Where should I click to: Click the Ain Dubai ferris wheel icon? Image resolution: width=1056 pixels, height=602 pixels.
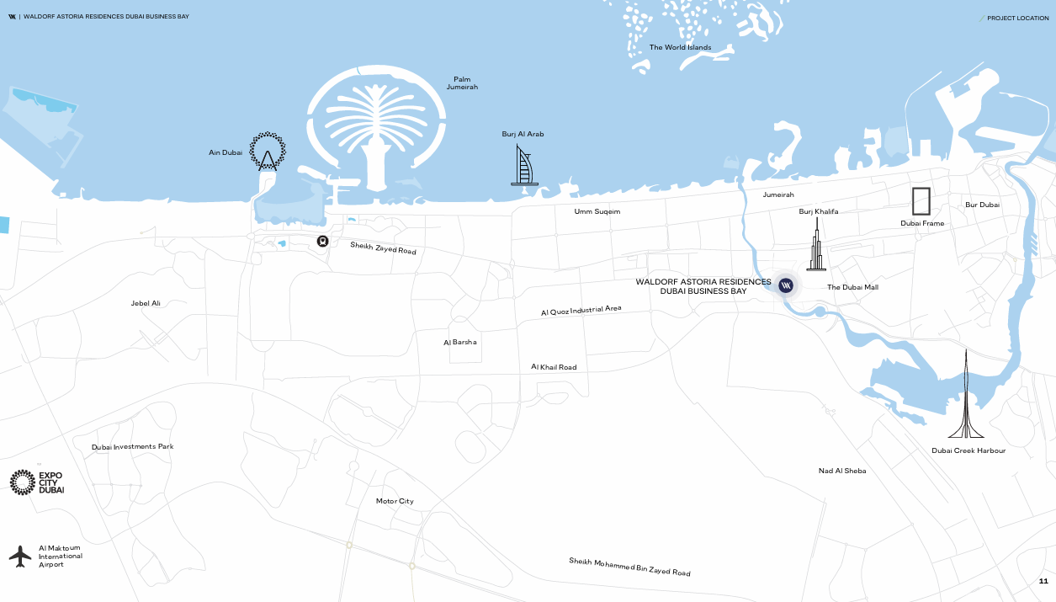268,152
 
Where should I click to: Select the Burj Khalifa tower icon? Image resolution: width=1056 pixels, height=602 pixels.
815,245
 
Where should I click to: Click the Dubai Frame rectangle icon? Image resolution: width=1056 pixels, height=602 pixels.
921,201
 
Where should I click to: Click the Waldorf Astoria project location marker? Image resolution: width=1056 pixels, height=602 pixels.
786,285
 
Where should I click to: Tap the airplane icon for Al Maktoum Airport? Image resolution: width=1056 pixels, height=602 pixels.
20,556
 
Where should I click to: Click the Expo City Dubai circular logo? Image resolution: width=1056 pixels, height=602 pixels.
23,482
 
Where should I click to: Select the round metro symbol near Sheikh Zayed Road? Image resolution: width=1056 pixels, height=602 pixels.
322,241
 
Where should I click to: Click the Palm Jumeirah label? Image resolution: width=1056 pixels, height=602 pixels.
462,83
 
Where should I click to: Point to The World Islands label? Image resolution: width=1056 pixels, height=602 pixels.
680,47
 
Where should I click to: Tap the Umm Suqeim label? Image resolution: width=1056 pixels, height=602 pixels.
597,211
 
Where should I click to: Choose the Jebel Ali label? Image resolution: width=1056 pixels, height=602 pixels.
146,303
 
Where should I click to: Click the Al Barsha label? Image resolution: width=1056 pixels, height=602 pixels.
460,343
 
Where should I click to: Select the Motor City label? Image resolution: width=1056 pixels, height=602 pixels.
395,501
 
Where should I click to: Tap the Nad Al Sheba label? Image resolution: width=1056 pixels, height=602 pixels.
842,471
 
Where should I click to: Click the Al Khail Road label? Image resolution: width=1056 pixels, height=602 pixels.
554,367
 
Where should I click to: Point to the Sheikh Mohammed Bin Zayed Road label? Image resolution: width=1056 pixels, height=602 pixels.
629,567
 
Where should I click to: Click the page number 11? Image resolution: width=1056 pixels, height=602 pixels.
1043,581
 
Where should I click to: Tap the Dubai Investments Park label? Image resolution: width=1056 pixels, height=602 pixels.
133,446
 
